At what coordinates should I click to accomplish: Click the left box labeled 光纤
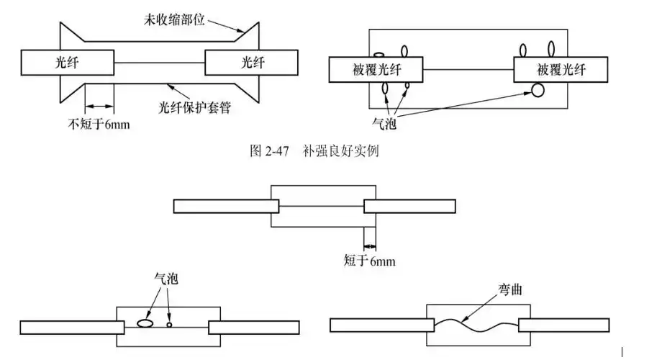68,63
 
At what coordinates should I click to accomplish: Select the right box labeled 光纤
251,63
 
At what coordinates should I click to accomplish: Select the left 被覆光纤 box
376,70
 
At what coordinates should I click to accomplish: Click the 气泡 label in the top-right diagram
397,123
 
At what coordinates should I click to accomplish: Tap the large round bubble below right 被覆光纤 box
538,90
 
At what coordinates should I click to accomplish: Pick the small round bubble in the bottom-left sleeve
170,325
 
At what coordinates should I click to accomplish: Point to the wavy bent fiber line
475,326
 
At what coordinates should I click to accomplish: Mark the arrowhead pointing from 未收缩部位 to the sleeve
245,32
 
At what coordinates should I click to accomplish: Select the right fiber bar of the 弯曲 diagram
563,325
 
